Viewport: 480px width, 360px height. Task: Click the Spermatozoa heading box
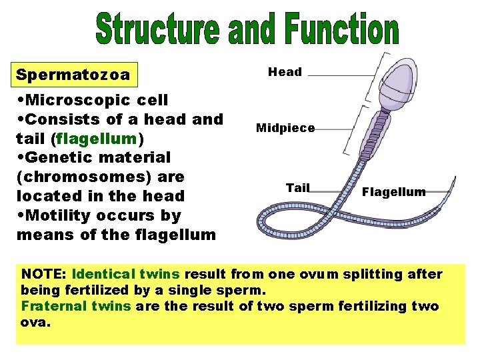pyautogui.click(x=73, y=74)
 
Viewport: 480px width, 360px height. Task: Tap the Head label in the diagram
pyautogui.click(x=285, y=72)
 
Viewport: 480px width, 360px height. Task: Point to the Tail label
pyautogui.click(x=297, y=187)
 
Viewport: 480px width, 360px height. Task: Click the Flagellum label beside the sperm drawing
pyautogui.click(x=393, y=192)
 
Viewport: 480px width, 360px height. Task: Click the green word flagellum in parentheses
pyautogui.click(x=97, y=139)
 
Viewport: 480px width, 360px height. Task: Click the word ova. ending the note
pyautogui.click(x=36, y=322)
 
